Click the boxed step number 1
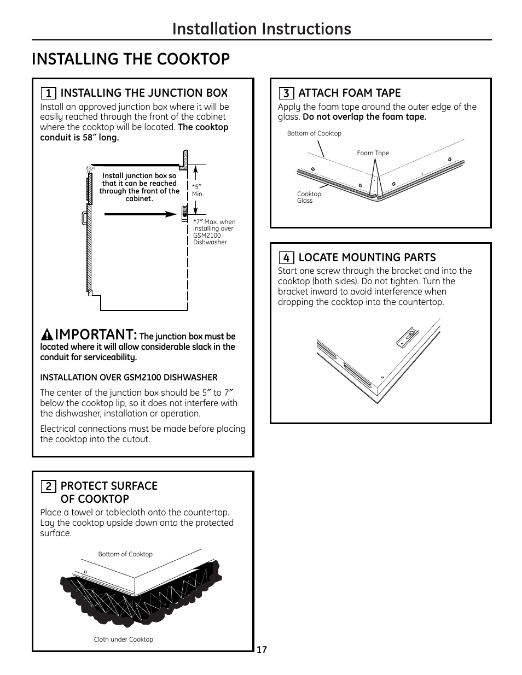[49, 93]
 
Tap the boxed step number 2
[49, 486]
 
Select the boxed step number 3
[286, 93]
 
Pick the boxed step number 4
[286, 258]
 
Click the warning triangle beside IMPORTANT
[48, 334]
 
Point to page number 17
[262, 650]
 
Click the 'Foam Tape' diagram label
[373, 153]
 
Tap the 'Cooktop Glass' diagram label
[309, 197]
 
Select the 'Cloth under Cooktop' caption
[123, 639]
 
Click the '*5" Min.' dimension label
[198, 190]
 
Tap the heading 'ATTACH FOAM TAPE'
[349, 93]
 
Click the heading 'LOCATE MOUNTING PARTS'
[367, 257]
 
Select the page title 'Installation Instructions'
[262, 28]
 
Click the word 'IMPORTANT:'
[96, 334]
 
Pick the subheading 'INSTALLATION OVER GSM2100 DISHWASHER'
[129, 378]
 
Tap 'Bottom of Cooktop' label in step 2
[125, 554]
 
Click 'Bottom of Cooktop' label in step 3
[314, 133]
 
